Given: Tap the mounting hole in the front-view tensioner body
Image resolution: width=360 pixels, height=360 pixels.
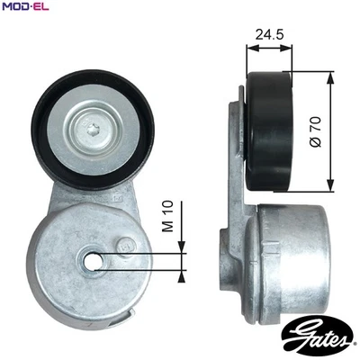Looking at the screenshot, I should coord(93,261).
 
